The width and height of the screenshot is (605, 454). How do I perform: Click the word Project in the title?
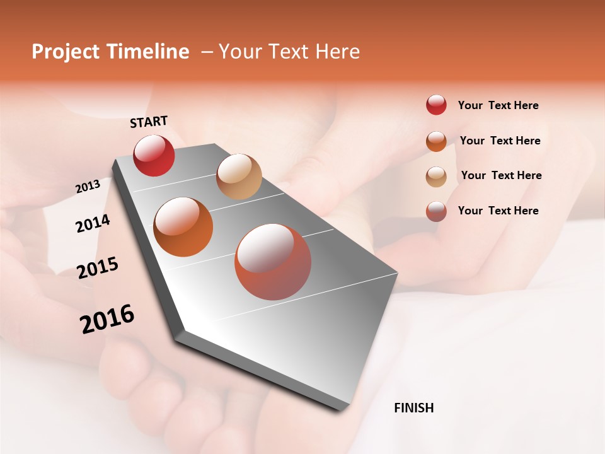tap(66, 52)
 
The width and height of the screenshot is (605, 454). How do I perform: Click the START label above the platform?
tap(149, 122)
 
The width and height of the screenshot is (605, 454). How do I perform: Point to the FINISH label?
tap(413, 408)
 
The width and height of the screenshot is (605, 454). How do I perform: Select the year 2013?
tap(88, 187)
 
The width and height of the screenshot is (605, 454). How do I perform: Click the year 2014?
tap(93, 223)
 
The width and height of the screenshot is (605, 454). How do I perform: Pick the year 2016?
tap(107, 318)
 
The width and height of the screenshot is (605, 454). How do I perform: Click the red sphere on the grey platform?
tap(154, 156)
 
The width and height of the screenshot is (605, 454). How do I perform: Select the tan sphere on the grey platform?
tap(239, 177)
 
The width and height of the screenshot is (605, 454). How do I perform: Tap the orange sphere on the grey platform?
tap(183, 227)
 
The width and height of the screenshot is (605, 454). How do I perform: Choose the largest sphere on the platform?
tap(273, 262)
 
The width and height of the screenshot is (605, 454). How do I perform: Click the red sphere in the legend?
tap(436, 105)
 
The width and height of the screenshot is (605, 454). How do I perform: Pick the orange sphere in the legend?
tap(436, 141)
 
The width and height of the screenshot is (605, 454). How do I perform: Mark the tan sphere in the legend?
tap(436, 177)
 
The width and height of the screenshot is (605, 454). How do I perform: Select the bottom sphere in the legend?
tap(436, 211)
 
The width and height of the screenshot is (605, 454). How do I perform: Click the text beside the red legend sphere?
tap(498, 105)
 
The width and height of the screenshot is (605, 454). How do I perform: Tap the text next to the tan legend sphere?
tap(501, 175)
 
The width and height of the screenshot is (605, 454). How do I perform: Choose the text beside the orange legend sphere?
tap(500, 141)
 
